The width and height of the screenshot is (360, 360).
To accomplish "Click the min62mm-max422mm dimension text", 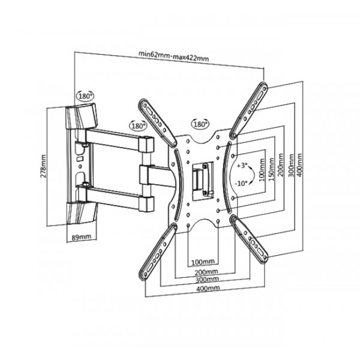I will tap(173, 58).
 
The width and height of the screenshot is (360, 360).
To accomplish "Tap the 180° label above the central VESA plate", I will tap(200, 124).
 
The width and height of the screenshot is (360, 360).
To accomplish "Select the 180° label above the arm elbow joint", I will tap(137, 127).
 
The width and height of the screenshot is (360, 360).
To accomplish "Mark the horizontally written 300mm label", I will tap(206, 280).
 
